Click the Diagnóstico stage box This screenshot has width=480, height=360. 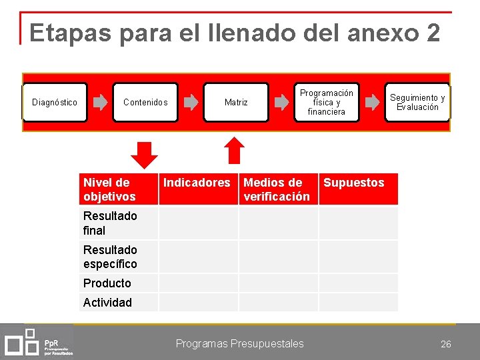(55, 102)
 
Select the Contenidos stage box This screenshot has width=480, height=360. (145, 102)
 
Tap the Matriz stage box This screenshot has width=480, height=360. (236, 102)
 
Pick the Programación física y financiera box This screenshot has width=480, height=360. (327, 102)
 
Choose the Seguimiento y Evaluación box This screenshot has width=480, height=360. (417, 102)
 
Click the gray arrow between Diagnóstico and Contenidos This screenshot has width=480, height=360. (100, 102)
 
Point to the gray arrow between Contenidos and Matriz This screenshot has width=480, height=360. (191, 102)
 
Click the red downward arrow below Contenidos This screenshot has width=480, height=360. (144, 154)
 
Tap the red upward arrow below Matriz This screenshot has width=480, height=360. (234, 151)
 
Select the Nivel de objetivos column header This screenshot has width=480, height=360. (119, 189)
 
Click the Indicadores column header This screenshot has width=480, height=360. (197, 183)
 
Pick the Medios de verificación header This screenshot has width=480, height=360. (277, 189)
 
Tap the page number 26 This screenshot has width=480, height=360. (446, 344)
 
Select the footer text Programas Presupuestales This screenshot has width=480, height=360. (239, 343)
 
